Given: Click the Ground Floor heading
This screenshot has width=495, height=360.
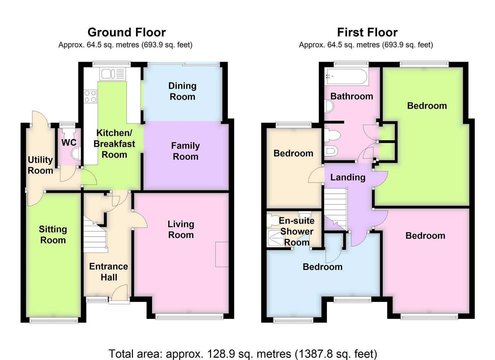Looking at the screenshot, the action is click(127, 32).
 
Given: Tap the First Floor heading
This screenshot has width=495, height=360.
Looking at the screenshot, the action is click(367, 32).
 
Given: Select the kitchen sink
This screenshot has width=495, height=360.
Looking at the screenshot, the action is click(112, 74).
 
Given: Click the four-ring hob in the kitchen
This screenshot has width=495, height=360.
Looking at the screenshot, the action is click(90, 96).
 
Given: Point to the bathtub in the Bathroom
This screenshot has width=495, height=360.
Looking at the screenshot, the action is click(347, 76).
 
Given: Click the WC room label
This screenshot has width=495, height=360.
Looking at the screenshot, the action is click(69, 142).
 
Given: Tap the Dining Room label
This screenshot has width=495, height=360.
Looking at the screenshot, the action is click(182, 91).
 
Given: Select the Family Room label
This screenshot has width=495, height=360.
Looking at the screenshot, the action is click(185, 151).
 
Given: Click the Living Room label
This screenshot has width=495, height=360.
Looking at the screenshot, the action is click(181, 229).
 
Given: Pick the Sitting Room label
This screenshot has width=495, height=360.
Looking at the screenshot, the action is click(53, 235).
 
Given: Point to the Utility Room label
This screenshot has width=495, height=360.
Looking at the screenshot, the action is click(40, 165).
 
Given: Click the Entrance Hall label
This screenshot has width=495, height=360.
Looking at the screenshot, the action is click(109, 272).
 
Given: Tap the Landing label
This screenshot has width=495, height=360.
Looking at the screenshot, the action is click(348, 177).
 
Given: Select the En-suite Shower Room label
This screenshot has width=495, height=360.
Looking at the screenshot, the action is click(297, 231).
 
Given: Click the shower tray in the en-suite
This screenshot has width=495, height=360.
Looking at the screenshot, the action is click(275, 238).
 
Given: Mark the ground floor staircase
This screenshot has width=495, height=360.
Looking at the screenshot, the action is click(95, 235).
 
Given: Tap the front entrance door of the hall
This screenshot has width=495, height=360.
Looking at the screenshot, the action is click(119, 293).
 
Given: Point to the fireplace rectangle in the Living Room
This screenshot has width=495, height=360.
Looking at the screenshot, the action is click(222, 254).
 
